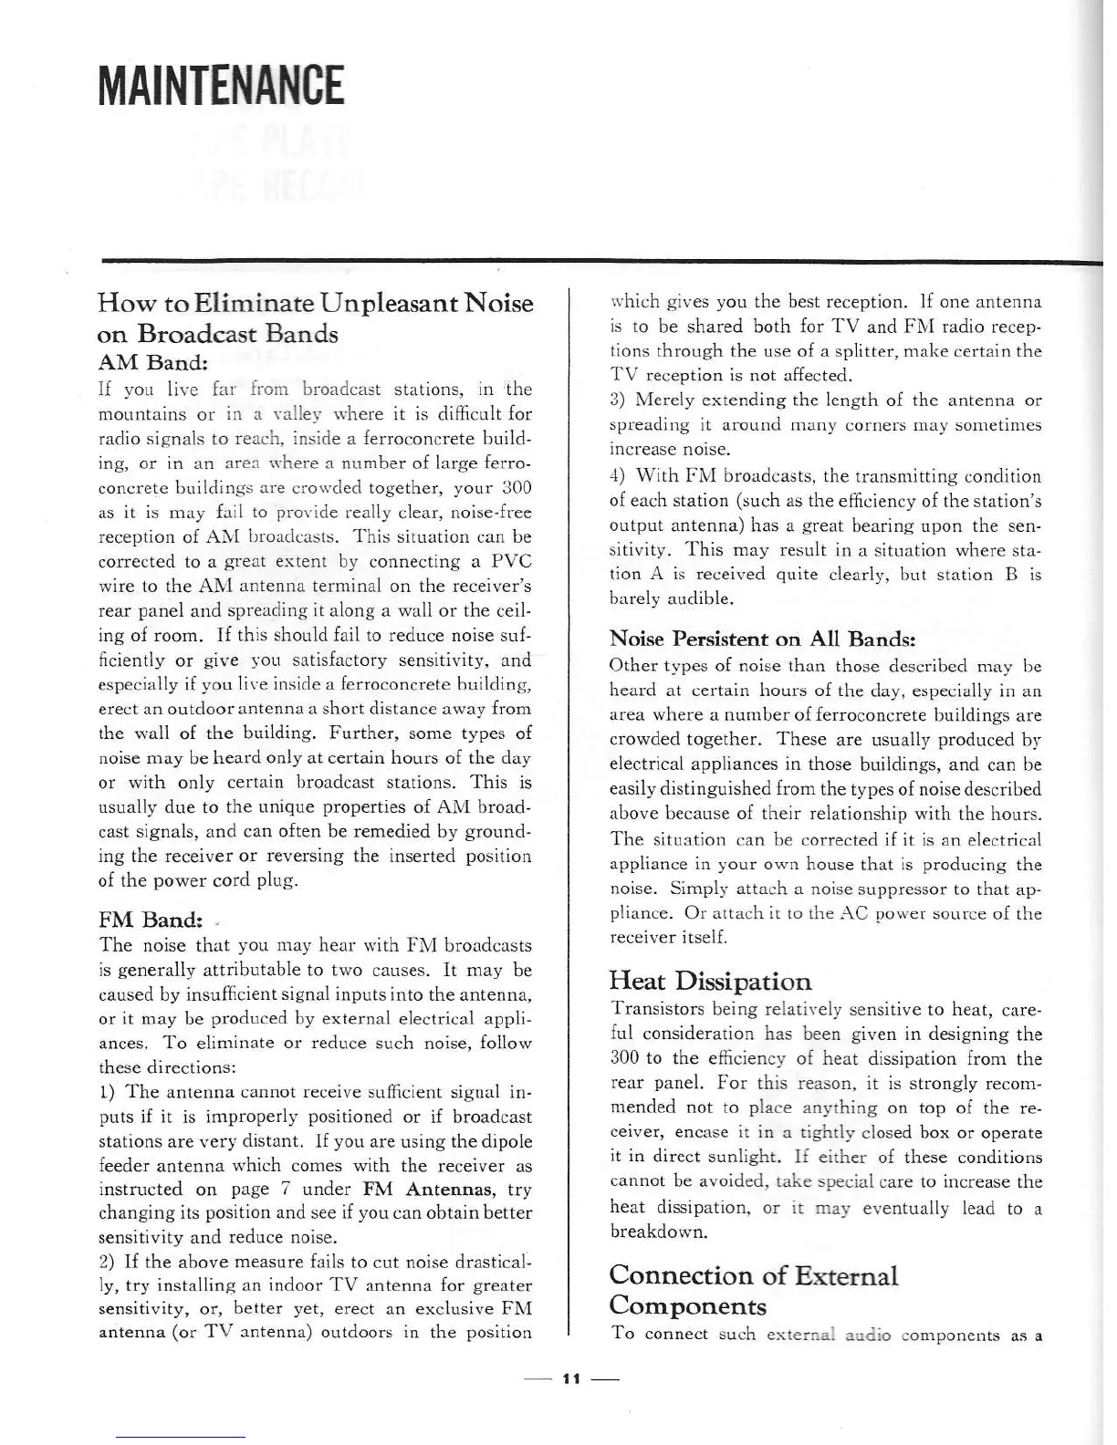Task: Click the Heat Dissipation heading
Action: point(710,982)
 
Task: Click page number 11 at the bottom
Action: point(572,1378)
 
